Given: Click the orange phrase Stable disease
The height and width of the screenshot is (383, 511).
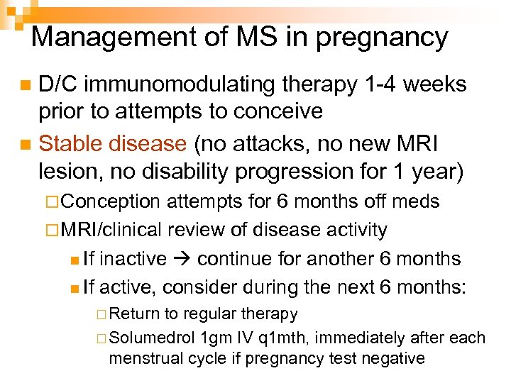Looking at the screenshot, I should point(112,144).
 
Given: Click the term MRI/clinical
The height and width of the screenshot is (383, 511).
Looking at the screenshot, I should point(114,230).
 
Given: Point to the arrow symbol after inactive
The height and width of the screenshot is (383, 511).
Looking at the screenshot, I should point(182,259).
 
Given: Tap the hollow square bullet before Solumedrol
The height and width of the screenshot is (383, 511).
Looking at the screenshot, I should point(103,338).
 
